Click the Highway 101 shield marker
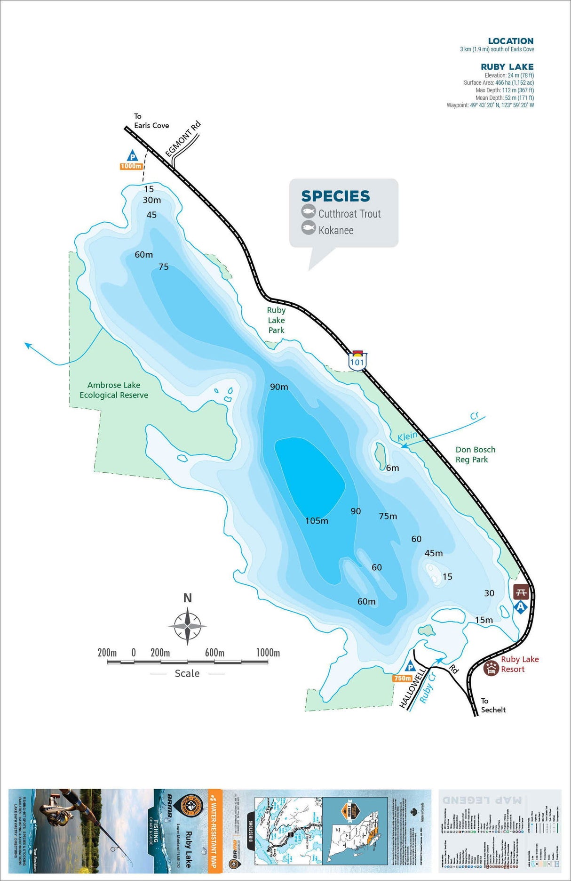357,361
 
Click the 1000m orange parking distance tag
131,166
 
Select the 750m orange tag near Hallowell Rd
402,678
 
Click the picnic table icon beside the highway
520,592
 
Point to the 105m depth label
317,521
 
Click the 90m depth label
279,387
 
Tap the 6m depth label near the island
392,468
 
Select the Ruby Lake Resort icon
491,669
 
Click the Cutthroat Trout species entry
349,214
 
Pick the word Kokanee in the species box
336,230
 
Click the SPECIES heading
335,196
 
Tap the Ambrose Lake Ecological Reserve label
114,390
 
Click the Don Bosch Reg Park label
475,454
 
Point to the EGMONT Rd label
183,139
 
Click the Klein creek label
407,436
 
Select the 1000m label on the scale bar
268,653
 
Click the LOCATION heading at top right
510,41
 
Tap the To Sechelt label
492,705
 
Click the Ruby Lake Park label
276,320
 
